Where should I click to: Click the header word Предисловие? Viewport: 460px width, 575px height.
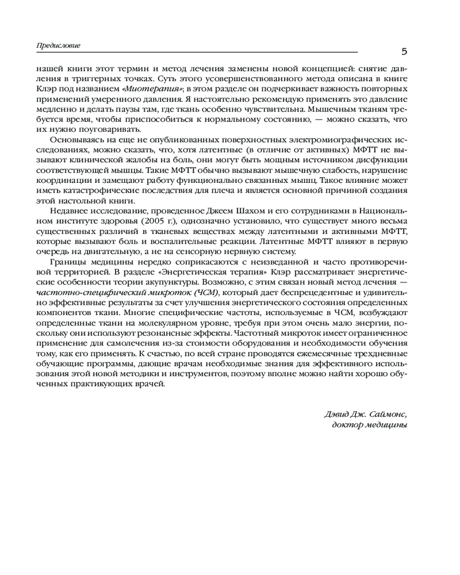click(57, 45)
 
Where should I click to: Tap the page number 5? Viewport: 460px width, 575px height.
click(404, 52)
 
